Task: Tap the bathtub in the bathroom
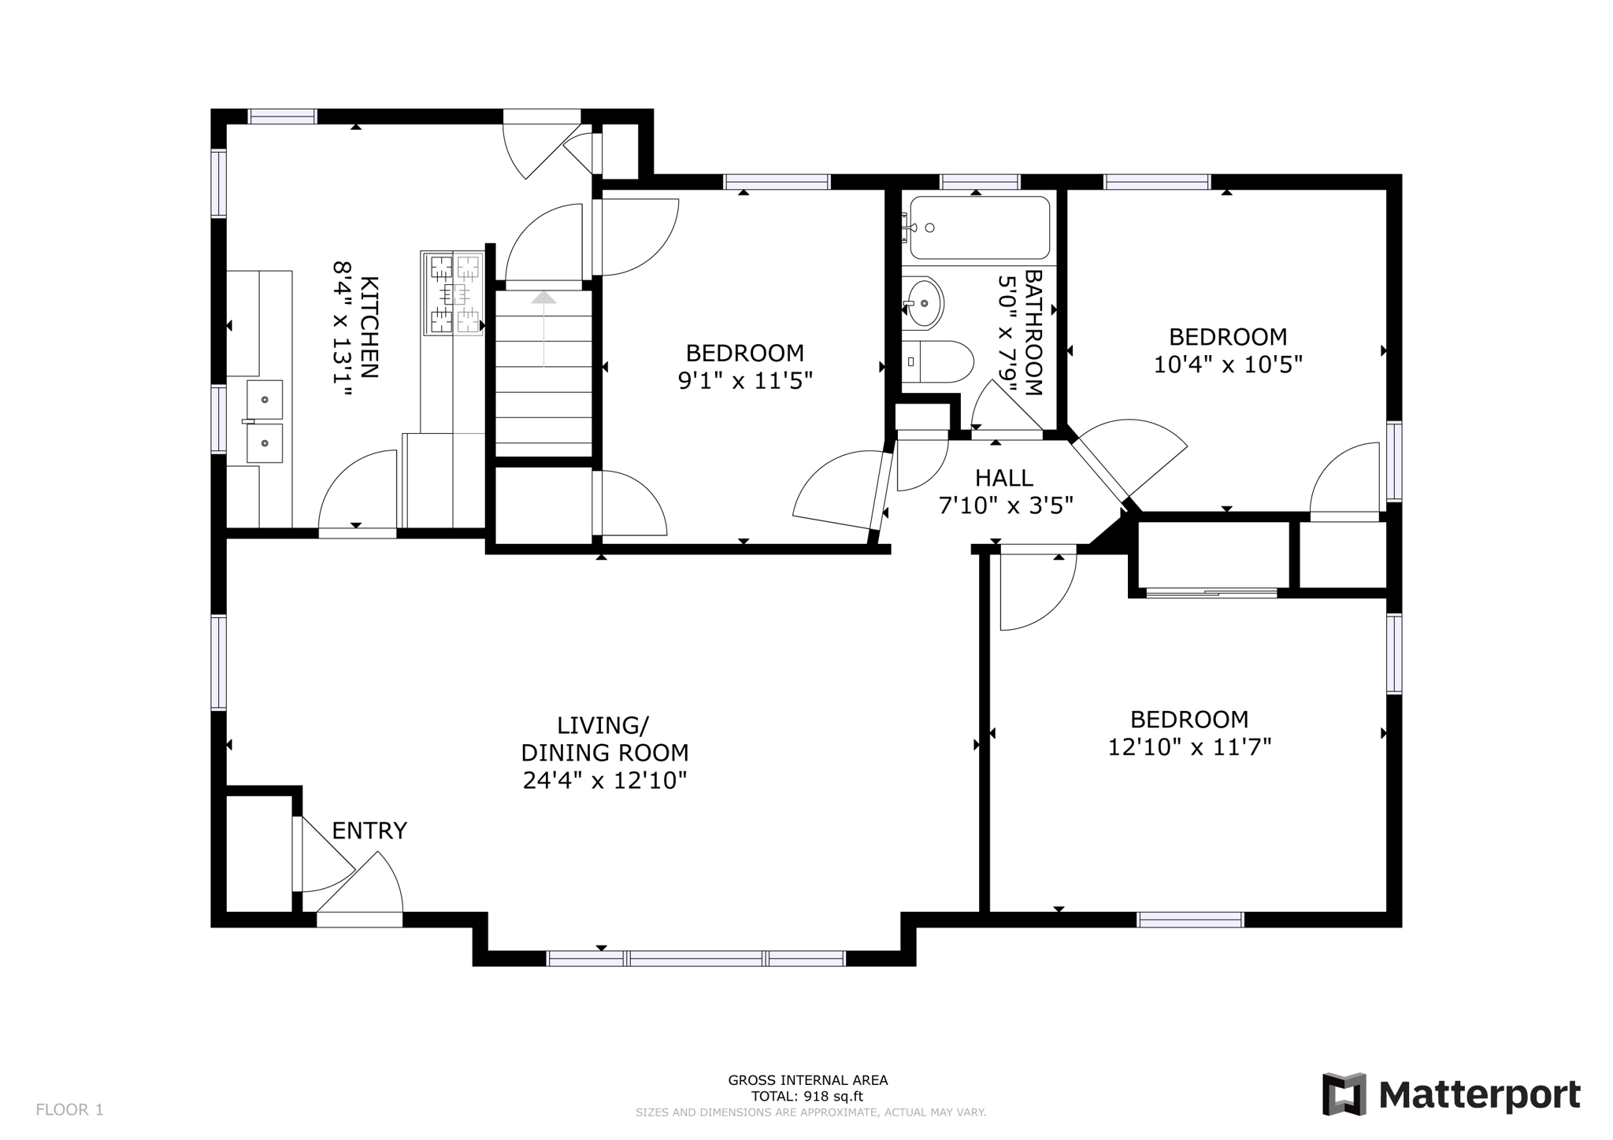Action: tap(979, 228)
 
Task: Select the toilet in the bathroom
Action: tap(937, 361)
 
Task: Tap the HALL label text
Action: tap(1003, 478)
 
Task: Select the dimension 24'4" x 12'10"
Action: tap(605, 780)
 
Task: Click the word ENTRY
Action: tap(369, 831)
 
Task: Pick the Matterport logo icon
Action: tap(1344, 1094)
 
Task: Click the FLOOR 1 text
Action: tap(69, 1109)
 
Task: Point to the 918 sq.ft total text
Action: tap(807, 1096)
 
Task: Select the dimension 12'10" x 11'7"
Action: tap(1189, 746)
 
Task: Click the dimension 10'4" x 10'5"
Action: tap(1227, 365)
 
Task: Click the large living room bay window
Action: tap(696, 958)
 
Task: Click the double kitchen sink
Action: tap(265, 421)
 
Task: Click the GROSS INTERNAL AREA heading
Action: tap(807, 1080)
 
